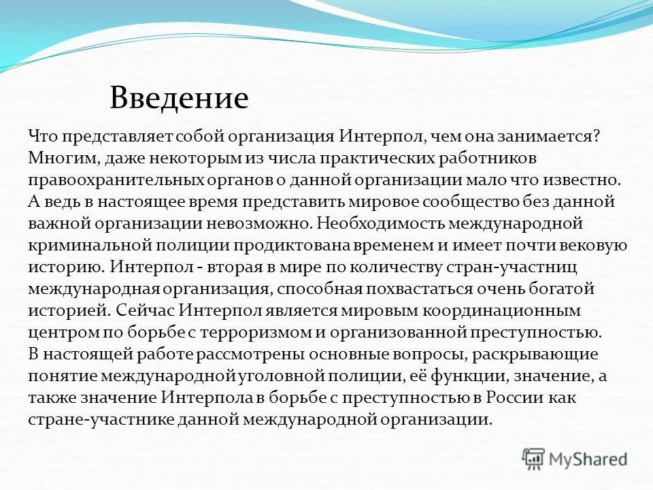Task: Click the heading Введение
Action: (179, 99)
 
